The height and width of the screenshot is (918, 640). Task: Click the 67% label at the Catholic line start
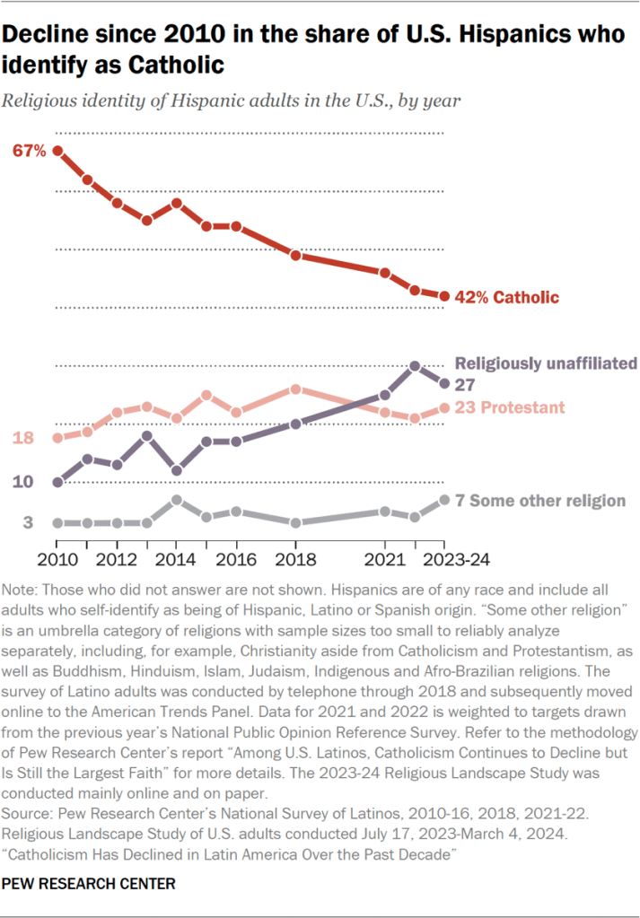(x=29, y=151)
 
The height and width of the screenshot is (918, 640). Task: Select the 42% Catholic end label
(x=507, y=297)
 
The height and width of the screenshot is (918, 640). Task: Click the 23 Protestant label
(x=510, y=407)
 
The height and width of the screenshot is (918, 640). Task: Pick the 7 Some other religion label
(x=540, y=500)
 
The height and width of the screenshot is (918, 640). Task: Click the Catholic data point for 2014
(x=177, y=203)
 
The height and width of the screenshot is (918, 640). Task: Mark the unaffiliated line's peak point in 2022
(x=415, y=366)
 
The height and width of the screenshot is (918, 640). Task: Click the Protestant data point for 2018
(x=295, y=389)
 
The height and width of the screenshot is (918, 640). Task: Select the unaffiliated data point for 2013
(x=147, y=436)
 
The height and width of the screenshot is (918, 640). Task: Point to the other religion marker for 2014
(x=177, y=500)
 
